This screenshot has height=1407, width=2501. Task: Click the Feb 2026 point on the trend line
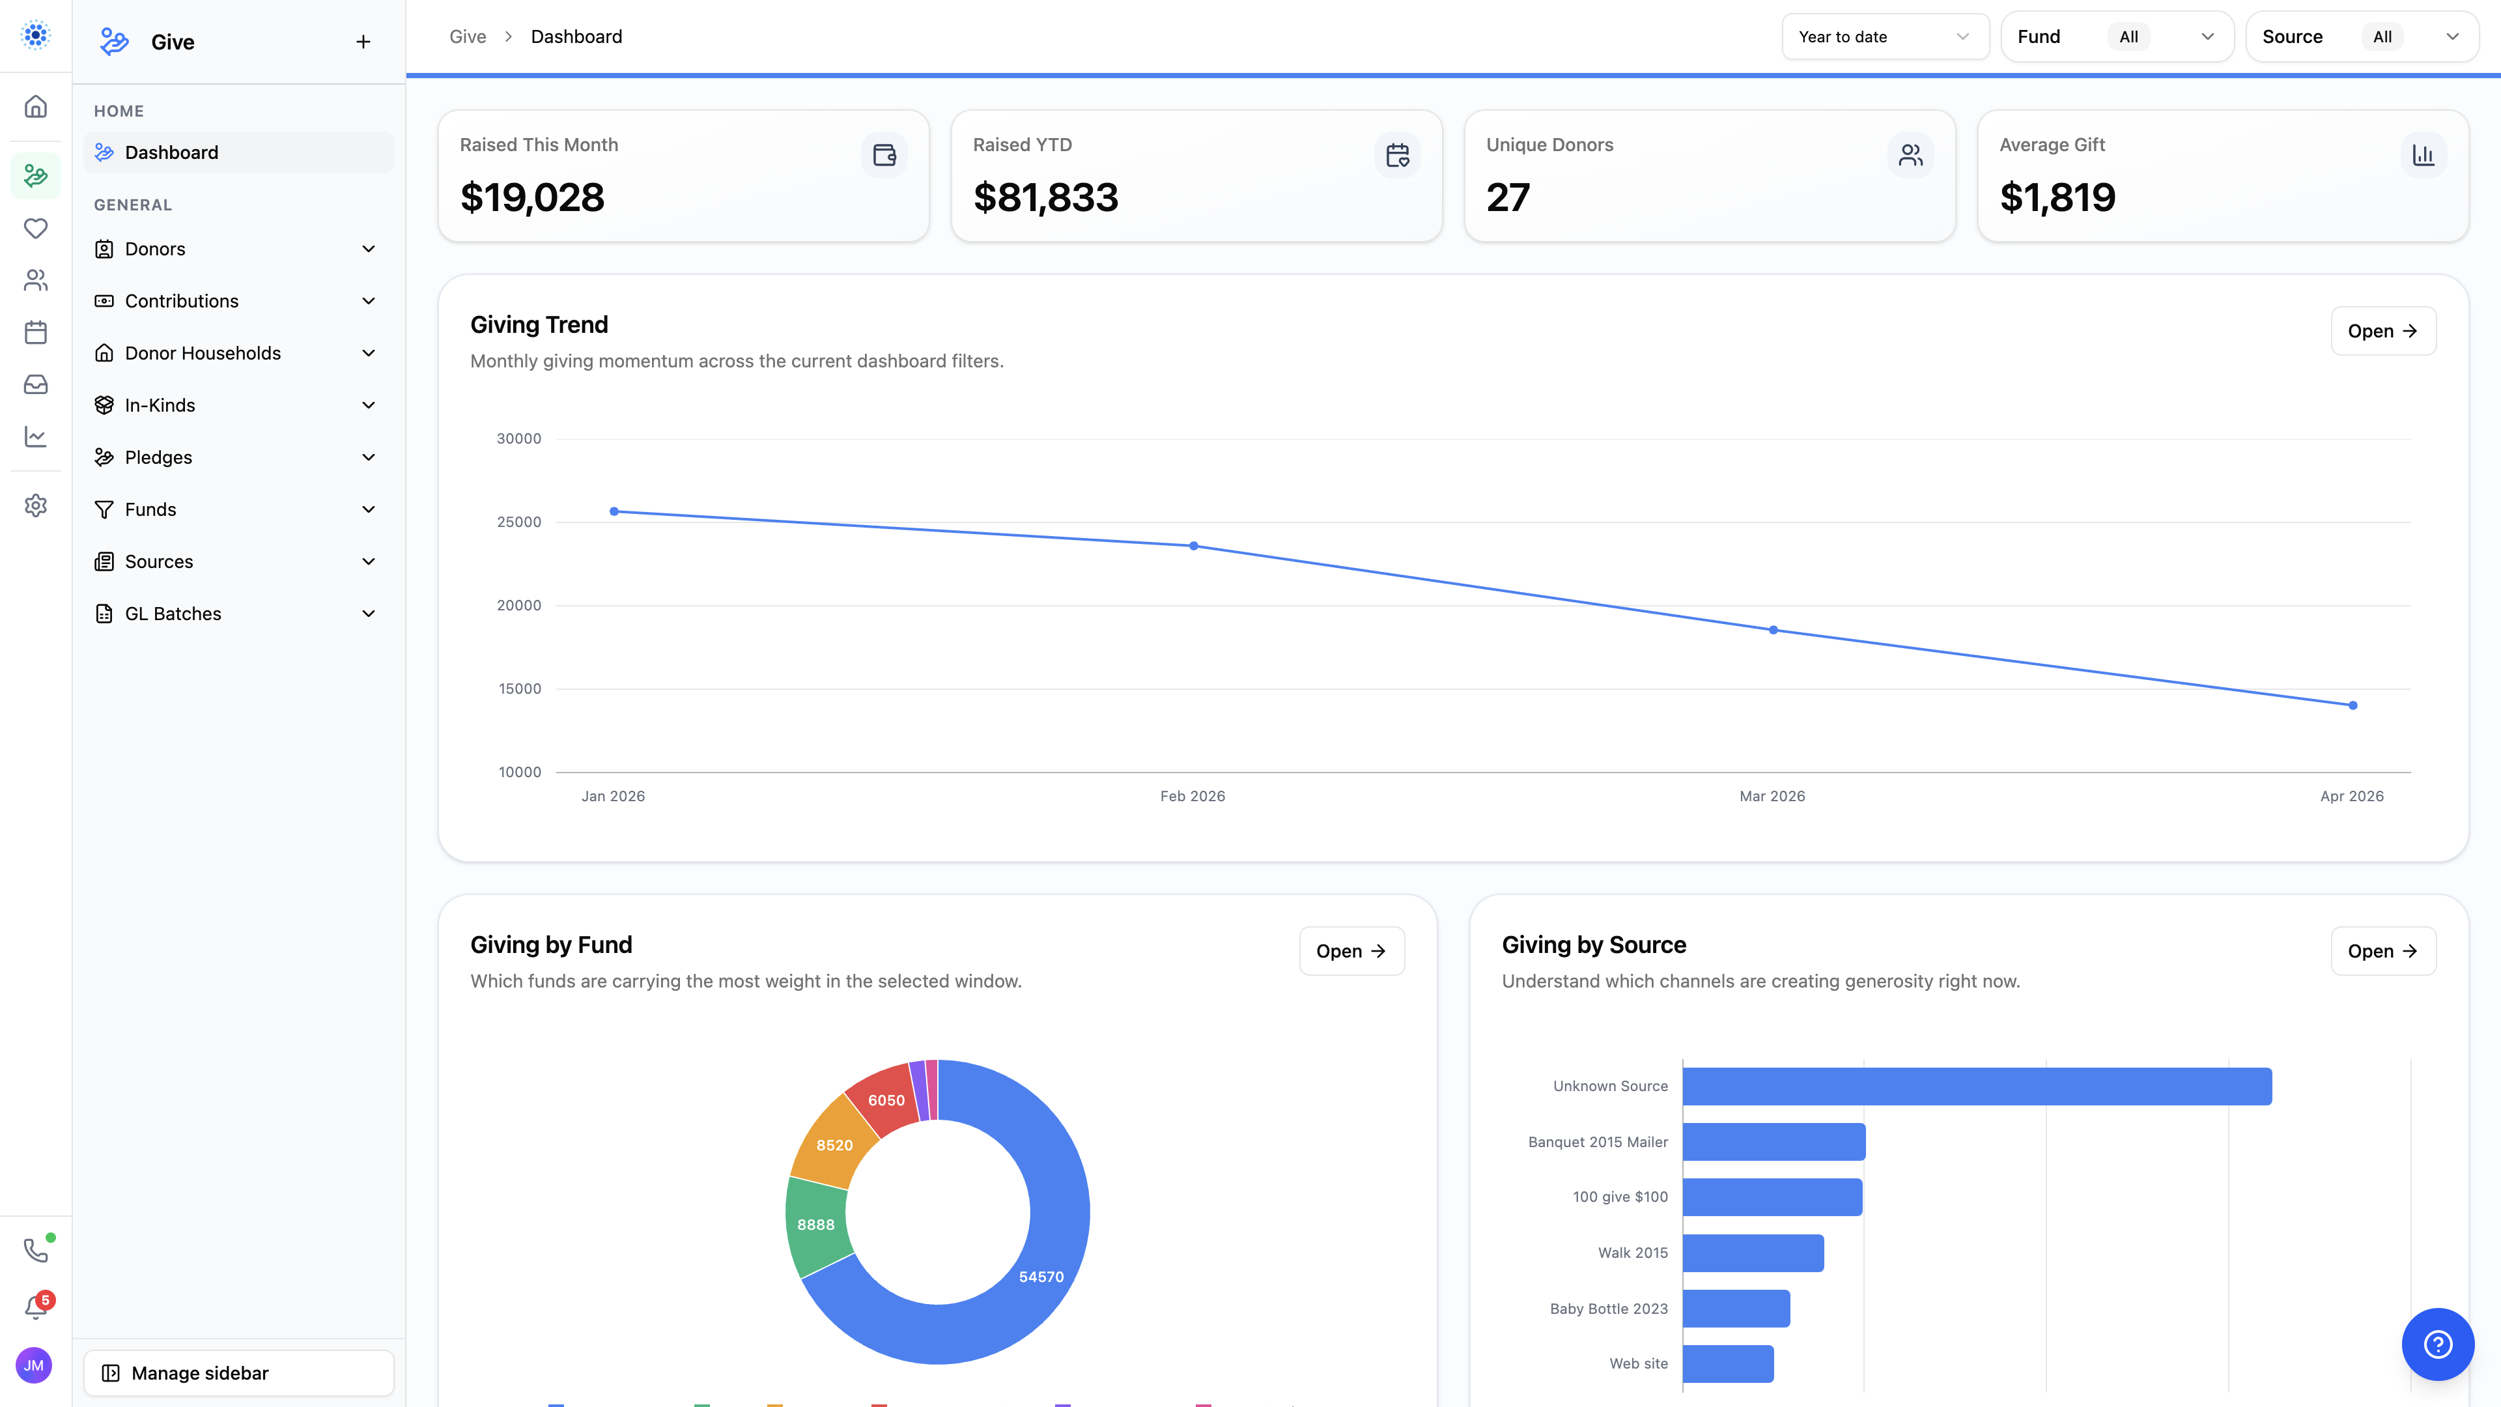1193,546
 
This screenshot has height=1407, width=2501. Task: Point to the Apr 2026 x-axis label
2351,796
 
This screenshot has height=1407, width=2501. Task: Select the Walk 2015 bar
1753,1253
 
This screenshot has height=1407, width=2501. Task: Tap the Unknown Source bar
1976,1086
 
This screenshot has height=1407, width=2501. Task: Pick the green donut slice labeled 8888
815,1225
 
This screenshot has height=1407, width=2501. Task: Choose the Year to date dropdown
1884,37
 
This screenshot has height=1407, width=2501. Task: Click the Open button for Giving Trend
2382,331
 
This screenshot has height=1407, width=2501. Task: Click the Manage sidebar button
239,1373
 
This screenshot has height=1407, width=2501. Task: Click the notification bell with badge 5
36,1306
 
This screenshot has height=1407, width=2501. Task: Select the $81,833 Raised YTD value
1045,198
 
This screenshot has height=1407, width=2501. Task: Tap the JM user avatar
34,1365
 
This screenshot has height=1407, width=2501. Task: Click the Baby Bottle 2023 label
1608,1309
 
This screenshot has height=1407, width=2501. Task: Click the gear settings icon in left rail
36,506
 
